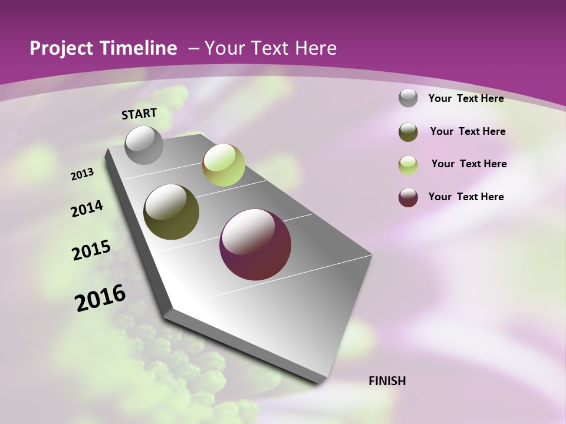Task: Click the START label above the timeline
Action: point(139,114)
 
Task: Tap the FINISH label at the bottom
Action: point(387,381)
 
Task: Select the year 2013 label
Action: point(83,174)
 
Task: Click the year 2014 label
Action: point(87,208)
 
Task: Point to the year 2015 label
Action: point(91,250)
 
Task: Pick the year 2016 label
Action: point(100,298)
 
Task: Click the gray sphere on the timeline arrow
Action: point(144,145)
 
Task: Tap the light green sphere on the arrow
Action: point(223,165)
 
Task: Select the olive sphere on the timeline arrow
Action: point(171,212)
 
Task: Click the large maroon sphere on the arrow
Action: point(255,244)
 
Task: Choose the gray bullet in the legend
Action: point(408,98)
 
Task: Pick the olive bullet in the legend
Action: point(408,132)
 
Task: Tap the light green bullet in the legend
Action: point(408,164)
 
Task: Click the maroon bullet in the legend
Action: point(408,197)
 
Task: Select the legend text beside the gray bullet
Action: point(466,99)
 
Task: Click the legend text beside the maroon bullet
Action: point(466,197)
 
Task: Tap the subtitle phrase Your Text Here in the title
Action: point(271,48)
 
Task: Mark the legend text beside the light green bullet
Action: point(469,164)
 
